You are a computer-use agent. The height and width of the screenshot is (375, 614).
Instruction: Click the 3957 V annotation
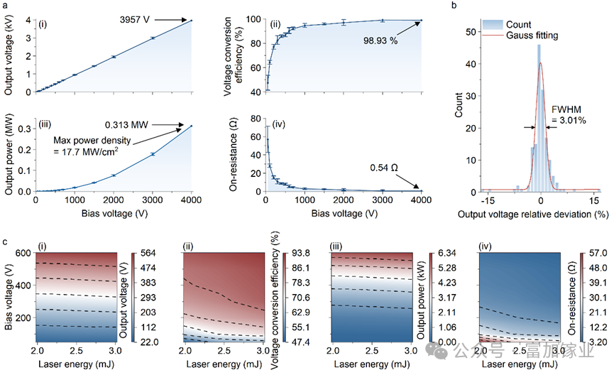coord(135,20)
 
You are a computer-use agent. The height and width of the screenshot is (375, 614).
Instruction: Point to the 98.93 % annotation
coord(380,40)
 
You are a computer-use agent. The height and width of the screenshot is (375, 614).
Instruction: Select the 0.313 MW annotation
coord(126,125)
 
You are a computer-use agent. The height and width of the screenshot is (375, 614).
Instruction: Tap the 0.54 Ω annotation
coord(384,168)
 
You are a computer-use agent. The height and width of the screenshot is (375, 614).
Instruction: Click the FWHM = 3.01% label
coord(569,115)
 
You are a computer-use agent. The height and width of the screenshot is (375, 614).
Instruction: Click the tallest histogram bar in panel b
coord(539,118)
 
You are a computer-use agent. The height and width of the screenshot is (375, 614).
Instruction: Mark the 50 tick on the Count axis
coord(471,32)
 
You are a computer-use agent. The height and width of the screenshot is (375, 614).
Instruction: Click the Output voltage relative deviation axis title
coord(533,214)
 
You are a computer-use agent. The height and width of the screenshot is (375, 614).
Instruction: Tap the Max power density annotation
coord(92,146)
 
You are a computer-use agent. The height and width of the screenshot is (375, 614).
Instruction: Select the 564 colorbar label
coord(148,253)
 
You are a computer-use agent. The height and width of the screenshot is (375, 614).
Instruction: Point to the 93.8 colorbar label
coord(301,253)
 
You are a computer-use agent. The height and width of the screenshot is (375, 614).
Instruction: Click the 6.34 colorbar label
coord(446,253)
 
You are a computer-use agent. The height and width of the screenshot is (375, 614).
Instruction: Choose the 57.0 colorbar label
coord(598,253)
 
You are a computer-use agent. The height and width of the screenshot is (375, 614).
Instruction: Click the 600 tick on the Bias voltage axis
coord(23,253)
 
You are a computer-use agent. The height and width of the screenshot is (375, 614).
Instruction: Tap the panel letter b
coord(454,5)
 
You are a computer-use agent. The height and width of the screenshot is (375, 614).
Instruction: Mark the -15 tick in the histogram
coord(488,200)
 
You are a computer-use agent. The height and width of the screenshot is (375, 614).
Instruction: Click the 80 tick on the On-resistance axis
coord(256,119)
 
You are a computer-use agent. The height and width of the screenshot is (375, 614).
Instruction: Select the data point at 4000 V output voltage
coord(192,21)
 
